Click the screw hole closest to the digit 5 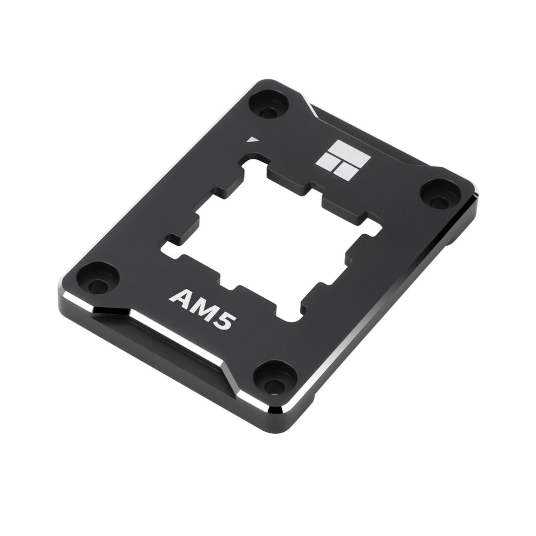tap(274, 381)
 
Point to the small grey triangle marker tap(254, 139)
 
